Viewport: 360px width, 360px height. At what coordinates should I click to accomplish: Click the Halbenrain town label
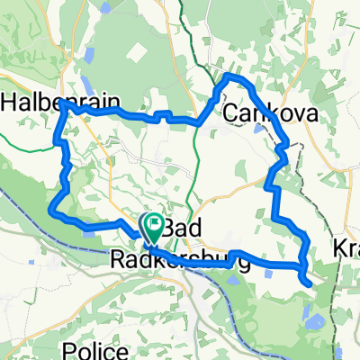pyautogui.click(x=59, y=103)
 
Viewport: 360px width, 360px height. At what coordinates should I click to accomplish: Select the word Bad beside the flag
pyautogui.click(x=180, y=227)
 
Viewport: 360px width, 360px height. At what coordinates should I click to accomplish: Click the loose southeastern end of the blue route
pyautogui.click(x=311, y=283)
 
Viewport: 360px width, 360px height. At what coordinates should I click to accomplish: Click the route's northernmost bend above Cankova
pyautogui.click(x=230, y=76)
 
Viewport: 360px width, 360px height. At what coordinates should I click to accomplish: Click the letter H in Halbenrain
pyautogui.click(x=11, y=103)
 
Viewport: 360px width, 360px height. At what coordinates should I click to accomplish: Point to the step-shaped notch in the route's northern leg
pyautogui.click(x=164, y=115)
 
